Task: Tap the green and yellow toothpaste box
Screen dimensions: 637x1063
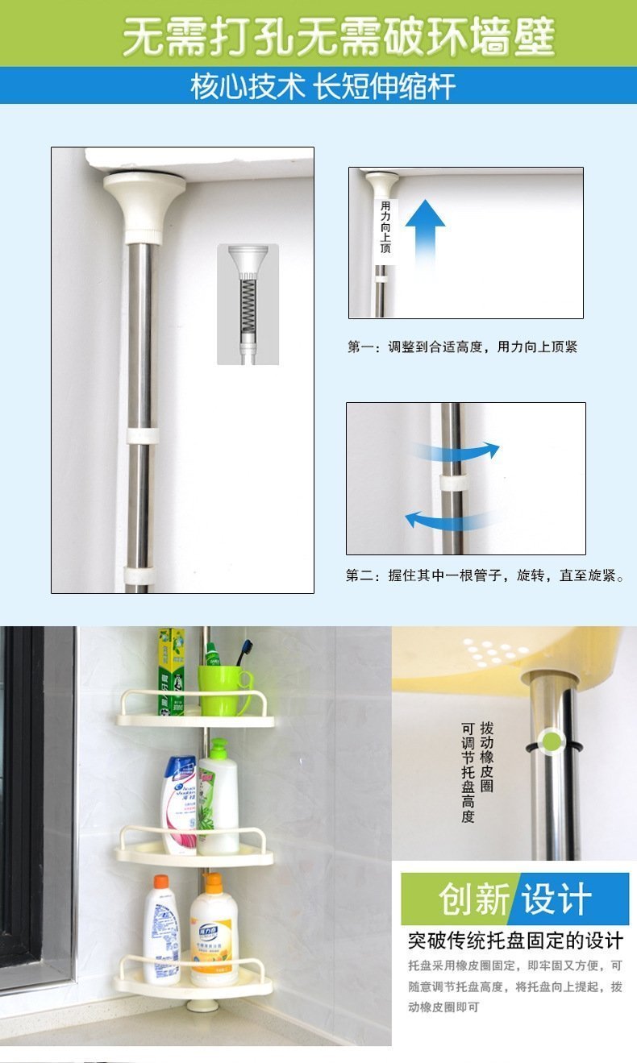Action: [171, 671]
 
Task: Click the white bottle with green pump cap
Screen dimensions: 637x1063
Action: [218, 797]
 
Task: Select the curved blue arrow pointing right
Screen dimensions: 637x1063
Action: [456, 451]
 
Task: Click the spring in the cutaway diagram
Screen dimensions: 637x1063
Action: [248, 306]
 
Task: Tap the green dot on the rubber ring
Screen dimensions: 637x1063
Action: [552, 741]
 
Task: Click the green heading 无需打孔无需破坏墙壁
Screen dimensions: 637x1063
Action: [339, 36]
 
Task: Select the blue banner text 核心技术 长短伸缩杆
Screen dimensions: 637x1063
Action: [323, 86]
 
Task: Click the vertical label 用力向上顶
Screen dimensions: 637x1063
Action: [385, 226]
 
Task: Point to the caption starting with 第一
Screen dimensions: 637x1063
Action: [462, 347]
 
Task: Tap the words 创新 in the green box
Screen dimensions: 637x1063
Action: [474, 899]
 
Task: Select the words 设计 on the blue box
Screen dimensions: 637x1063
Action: [557, 899]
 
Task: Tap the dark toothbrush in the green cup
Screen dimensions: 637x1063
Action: [244, 653]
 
